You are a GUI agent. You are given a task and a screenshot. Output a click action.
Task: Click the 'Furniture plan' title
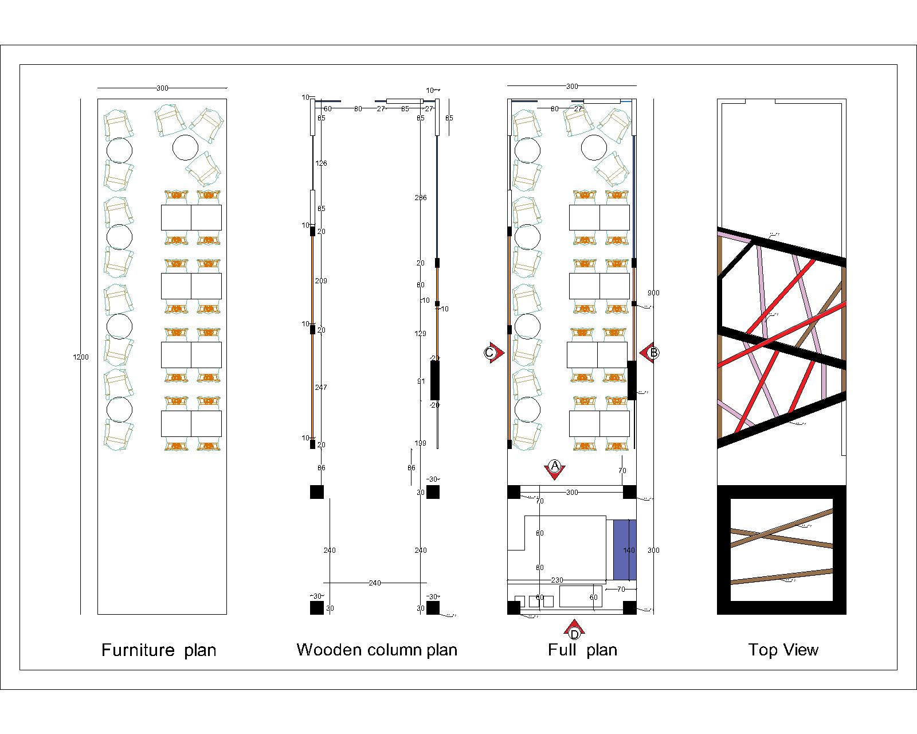[x=159, y=650]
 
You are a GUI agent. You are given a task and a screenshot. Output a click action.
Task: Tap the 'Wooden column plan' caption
[x=377, y=650]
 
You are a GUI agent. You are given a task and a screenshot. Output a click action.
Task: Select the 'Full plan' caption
[x=582, y=650]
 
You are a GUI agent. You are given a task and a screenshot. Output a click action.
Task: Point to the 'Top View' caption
[x=783, y=650]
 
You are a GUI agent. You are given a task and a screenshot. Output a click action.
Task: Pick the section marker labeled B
[x=652, y=353]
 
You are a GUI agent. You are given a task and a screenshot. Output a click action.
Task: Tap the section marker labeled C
[x=491, y=353]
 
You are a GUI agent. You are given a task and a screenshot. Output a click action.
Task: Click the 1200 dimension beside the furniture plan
[x=81, y=357]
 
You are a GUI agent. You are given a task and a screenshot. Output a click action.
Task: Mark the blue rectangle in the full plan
[x=625, y=550]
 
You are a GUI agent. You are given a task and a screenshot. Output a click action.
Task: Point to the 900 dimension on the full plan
[x=653, y=293]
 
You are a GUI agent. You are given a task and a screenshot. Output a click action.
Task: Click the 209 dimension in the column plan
[x=321, y=281]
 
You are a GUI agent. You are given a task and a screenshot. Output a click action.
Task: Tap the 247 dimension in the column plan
[x=321, y=388]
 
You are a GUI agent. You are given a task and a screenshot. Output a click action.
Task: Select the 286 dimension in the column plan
[x=421, y=198]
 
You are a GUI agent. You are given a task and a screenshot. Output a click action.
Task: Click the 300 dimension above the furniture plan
[x=162, y=88]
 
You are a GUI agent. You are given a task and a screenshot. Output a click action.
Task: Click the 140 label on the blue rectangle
[x=629, y=550]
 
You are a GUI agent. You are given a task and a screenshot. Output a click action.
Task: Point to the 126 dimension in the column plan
[x=321, y=163]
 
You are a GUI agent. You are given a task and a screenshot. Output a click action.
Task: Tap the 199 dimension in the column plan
[x=421, y=443]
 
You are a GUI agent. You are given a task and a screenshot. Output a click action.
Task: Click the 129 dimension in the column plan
[x=421, y=334]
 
